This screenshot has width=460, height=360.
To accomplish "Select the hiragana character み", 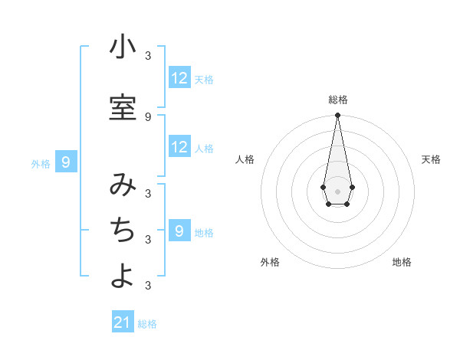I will [123, 185].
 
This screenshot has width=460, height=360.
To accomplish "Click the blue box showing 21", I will [123, 322].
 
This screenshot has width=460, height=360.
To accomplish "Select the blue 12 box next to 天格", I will [179, 78].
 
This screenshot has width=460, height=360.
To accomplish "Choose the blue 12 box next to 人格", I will [179, 147].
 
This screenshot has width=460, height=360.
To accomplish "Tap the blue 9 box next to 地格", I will [179, 231].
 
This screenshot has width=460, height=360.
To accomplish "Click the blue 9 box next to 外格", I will [67, 162].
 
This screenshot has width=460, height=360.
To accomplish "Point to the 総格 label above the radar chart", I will [337, 100].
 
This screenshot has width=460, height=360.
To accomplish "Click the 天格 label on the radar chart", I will [431, 159].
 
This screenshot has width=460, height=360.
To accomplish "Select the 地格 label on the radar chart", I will [402, 262].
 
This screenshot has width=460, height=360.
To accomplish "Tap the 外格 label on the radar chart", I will [270, 262].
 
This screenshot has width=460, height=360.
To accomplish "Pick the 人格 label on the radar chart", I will [245, 159].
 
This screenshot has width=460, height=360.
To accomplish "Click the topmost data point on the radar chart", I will [337, 116].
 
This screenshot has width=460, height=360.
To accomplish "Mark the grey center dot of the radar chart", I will [337, 191].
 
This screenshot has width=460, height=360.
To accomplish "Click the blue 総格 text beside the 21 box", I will [147, 324].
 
